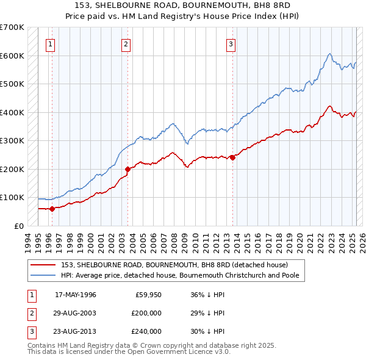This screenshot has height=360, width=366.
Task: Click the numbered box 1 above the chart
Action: click(49, 43)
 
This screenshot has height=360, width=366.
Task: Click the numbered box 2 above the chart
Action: click(125, 43)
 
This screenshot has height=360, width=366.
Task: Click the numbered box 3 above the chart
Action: click(231, 43)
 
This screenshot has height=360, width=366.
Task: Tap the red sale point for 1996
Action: click(52, 209)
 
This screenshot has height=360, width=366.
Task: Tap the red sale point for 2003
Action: click(127, 169)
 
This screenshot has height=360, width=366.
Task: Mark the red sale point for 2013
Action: click(232, 157)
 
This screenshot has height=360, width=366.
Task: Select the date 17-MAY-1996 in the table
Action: click(76, 295)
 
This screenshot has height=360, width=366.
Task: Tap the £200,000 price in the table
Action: click(145, 313)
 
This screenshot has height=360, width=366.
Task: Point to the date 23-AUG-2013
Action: click(76, 331)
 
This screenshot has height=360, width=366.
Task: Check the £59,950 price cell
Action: click(147, 295)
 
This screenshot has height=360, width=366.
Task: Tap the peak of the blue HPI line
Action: click(329, 54)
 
